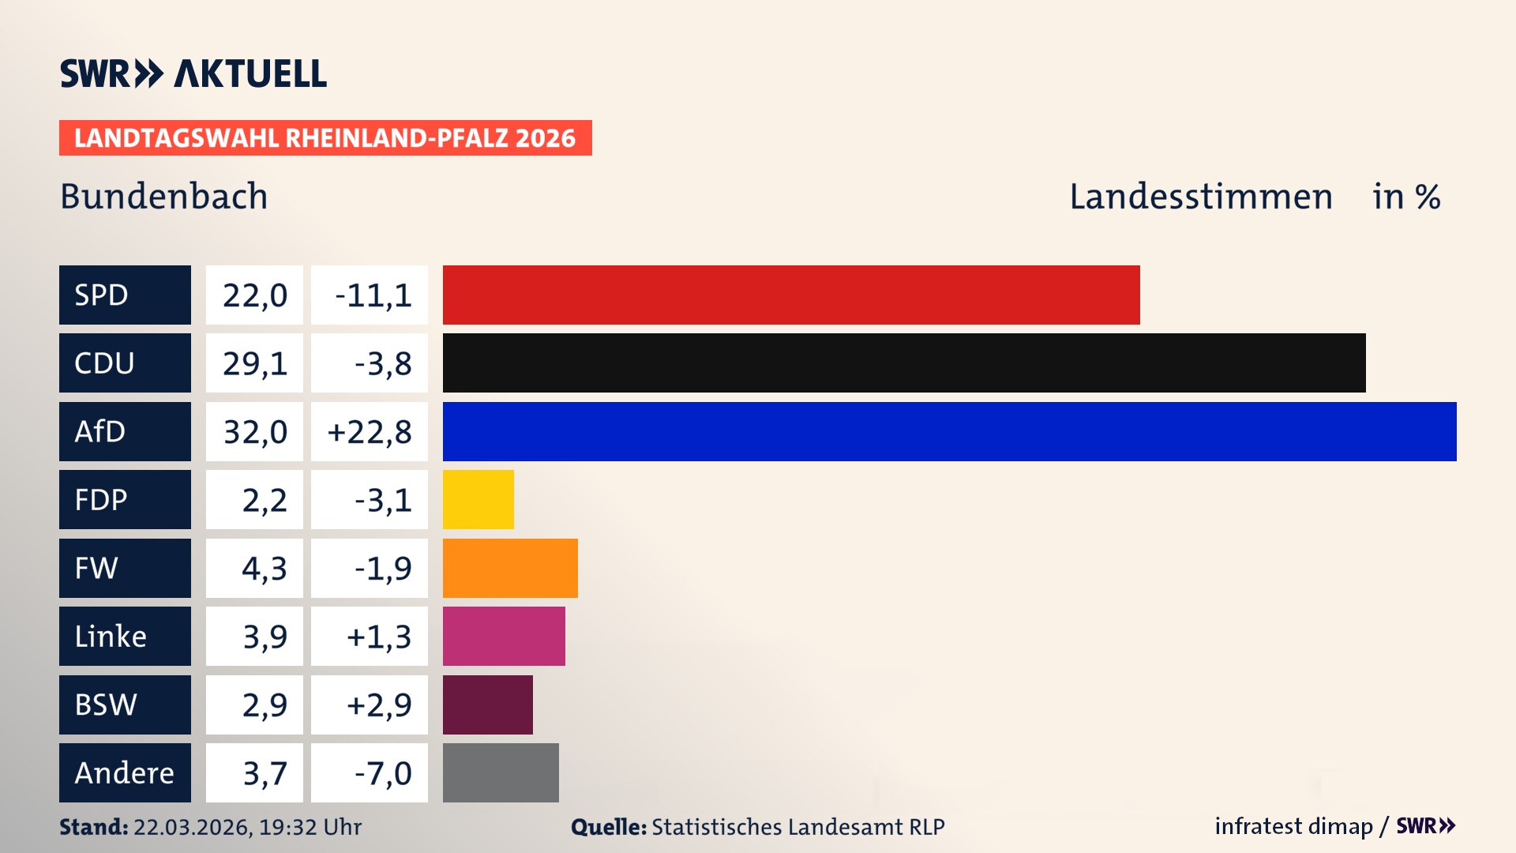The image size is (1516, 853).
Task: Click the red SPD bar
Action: point(791,295)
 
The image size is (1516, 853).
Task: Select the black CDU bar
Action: point(904,363)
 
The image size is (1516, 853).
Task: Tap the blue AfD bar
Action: point(949,431)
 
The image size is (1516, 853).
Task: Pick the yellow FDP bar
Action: point(478,499)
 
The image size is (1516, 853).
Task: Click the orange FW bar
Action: point(510,568)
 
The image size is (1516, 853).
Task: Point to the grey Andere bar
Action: point(501,772)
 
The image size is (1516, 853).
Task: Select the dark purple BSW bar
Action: point(488,705)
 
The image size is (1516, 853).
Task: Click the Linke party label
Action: point(125,637)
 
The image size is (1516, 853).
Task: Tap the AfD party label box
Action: point(125,431)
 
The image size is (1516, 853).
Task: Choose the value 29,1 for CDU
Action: point(254,363)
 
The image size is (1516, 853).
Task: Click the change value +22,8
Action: point(370,432)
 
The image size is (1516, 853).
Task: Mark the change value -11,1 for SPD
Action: point(370,295)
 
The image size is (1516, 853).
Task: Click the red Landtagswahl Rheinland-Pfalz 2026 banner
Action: point(325,138)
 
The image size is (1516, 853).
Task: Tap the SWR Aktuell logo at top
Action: point(193,73)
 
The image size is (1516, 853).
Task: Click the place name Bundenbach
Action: point(164,196)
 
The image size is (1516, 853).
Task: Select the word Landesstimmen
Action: point(1200,197)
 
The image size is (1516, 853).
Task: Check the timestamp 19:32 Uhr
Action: point(310,827)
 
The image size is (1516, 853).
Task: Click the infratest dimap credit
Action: point(1293,826)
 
